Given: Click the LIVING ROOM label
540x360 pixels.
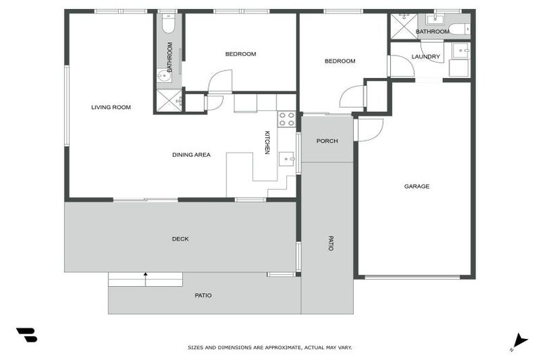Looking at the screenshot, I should (111, 108).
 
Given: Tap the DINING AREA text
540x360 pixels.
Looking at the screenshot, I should (191, 155).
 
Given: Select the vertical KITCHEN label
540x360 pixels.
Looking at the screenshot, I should (267, 143).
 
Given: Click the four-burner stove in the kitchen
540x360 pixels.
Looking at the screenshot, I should (286, 119).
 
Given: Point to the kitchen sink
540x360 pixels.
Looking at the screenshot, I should (287, 160).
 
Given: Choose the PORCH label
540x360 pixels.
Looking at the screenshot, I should (327, 141).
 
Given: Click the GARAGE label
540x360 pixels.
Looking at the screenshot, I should (416, 186).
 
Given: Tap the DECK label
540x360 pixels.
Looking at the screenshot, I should (180, 239).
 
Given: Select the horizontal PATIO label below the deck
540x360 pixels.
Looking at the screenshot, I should (203, 295).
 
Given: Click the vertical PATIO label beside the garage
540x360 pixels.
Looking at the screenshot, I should (330, 243).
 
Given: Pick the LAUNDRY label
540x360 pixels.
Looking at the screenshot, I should (425, 57).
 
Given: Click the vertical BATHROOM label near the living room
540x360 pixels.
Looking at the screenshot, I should (169, 53).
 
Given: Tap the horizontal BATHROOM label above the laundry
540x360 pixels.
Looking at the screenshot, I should (432, 32).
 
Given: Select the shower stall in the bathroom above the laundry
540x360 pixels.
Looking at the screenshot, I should (404, 26).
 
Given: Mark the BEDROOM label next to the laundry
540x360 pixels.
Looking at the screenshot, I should (340, 61).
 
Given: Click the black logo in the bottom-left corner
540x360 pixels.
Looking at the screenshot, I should (26, 335).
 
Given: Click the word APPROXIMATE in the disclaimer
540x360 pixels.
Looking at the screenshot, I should (281, 347).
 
